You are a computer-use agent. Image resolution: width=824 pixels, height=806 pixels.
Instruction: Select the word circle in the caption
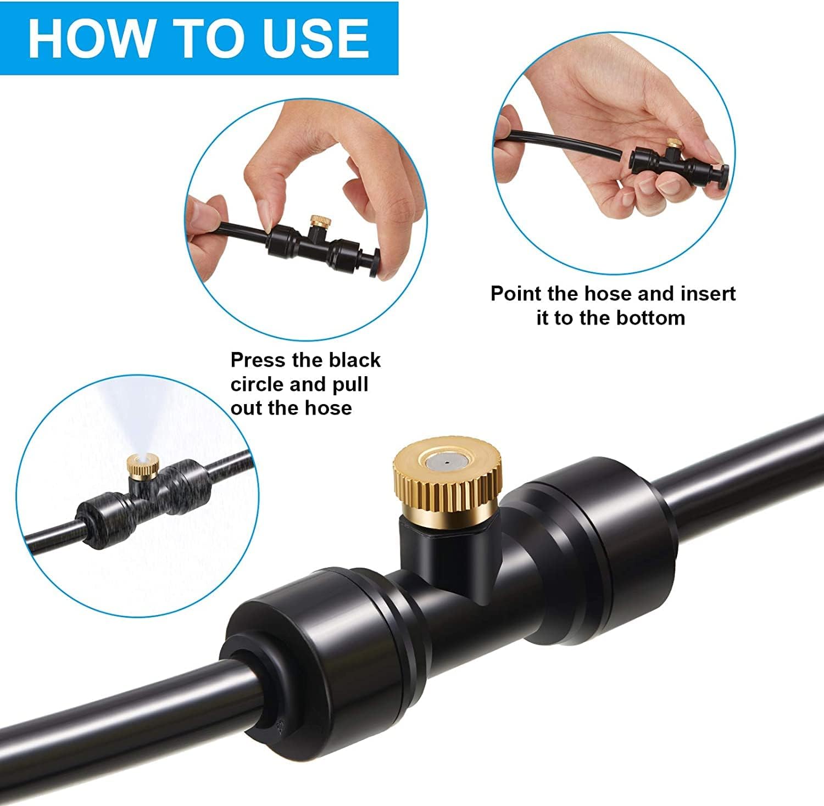(257, 384)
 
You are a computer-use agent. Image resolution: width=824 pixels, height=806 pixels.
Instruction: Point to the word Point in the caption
(516, 294)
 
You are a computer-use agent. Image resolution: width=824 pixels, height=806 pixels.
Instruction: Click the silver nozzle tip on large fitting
(446, 462)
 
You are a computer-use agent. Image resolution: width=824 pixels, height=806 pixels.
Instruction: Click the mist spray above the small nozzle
(135, 417)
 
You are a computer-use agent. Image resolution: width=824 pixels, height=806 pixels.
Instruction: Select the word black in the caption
(354, 360)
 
